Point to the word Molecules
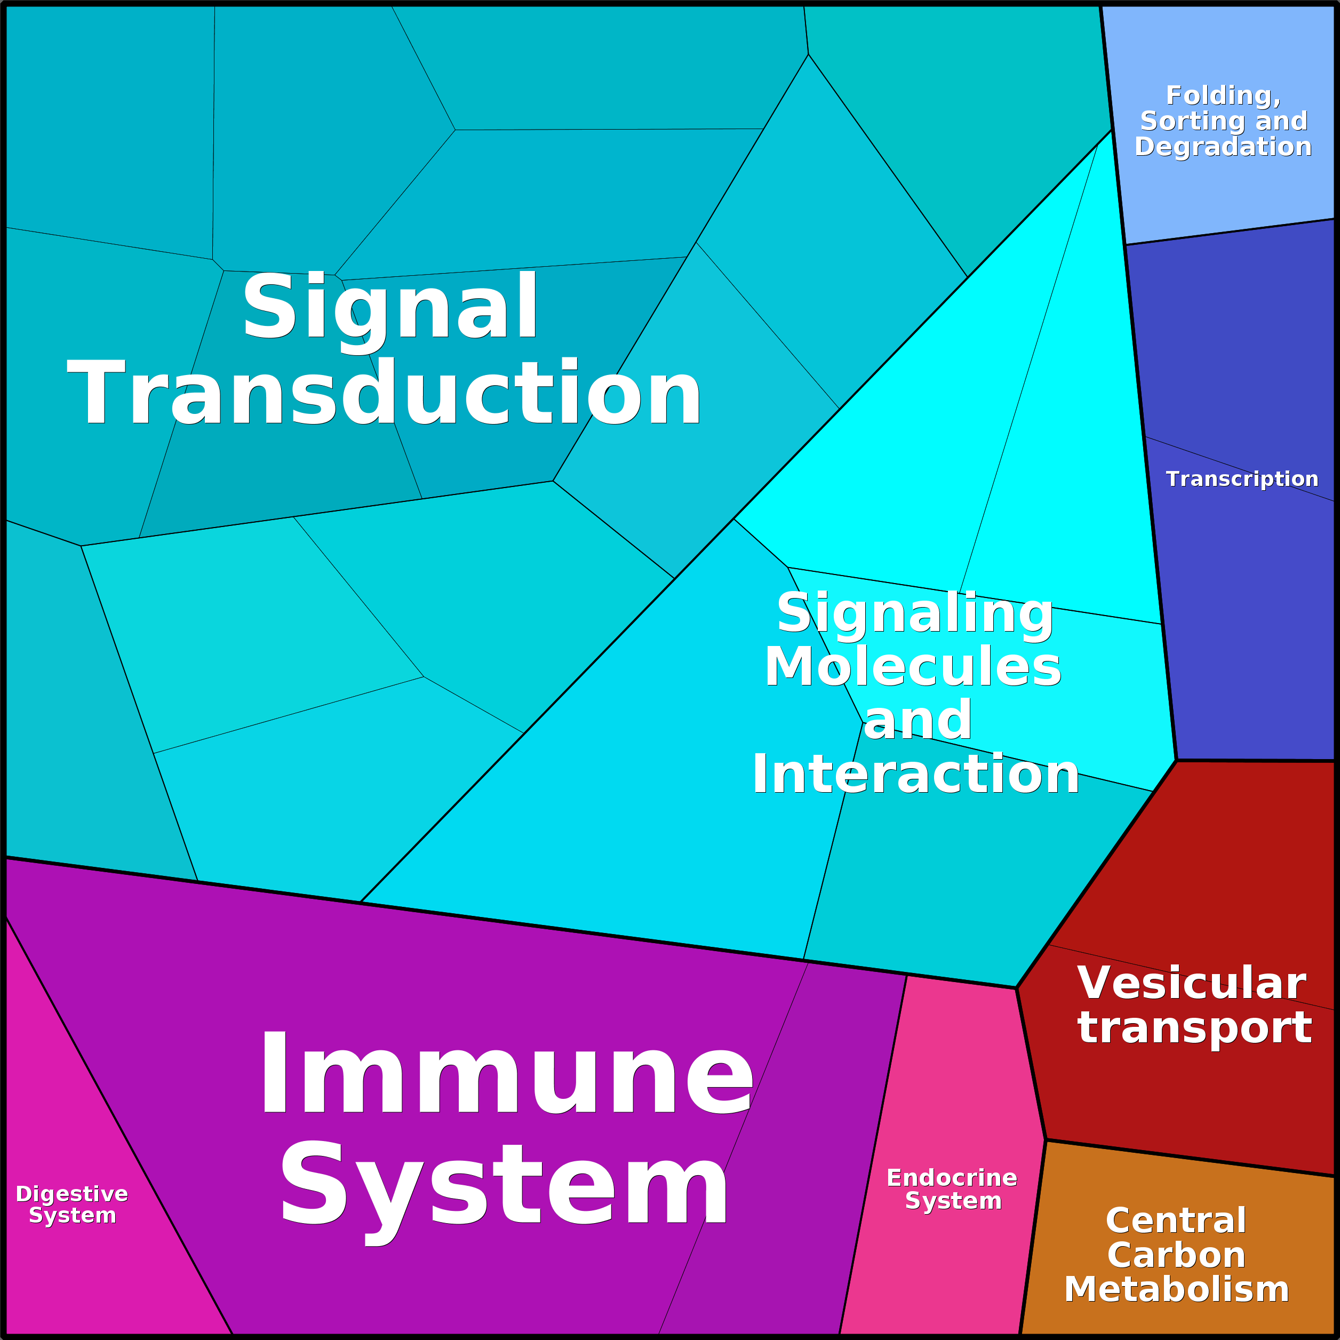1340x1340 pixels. tap(913, 666)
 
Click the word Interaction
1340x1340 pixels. tap(915, 774)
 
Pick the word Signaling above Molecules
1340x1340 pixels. tap(915, 613)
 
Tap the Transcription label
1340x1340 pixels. tap(1241, 479)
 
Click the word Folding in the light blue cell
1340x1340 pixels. tap(1222, 95)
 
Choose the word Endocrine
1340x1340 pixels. tap(952, 1178)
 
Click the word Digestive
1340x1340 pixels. tap(72, 1194)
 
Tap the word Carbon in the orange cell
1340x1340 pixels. tap(1176, 1255)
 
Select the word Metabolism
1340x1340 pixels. tap(1176, 1289)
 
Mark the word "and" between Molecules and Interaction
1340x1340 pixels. tap(918, 720)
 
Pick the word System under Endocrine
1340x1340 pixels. tap(953, 1201)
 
